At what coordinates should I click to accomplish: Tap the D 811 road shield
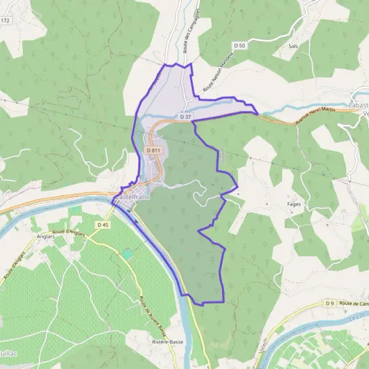click(154, 151)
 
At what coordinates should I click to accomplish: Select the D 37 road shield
click(186, 117)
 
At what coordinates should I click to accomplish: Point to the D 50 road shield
click(240, 46)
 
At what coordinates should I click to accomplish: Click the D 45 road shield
click(103, 225)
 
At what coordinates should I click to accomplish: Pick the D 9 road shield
click(330, 304)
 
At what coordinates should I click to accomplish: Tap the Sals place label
click(293, 46)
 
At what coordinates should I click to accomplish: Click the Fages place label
click(294, 204)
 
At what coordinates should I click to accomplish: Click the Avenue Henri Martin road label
click(318, 117)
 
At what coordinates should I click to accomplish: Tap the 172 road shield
click(6, 20)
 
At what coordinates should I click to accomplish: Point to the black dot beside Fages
click(266, 204)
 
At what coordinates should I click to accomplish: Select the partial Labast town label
click(358, 106)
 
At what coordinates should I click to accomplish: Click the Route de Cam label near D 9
click(353, 304)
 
